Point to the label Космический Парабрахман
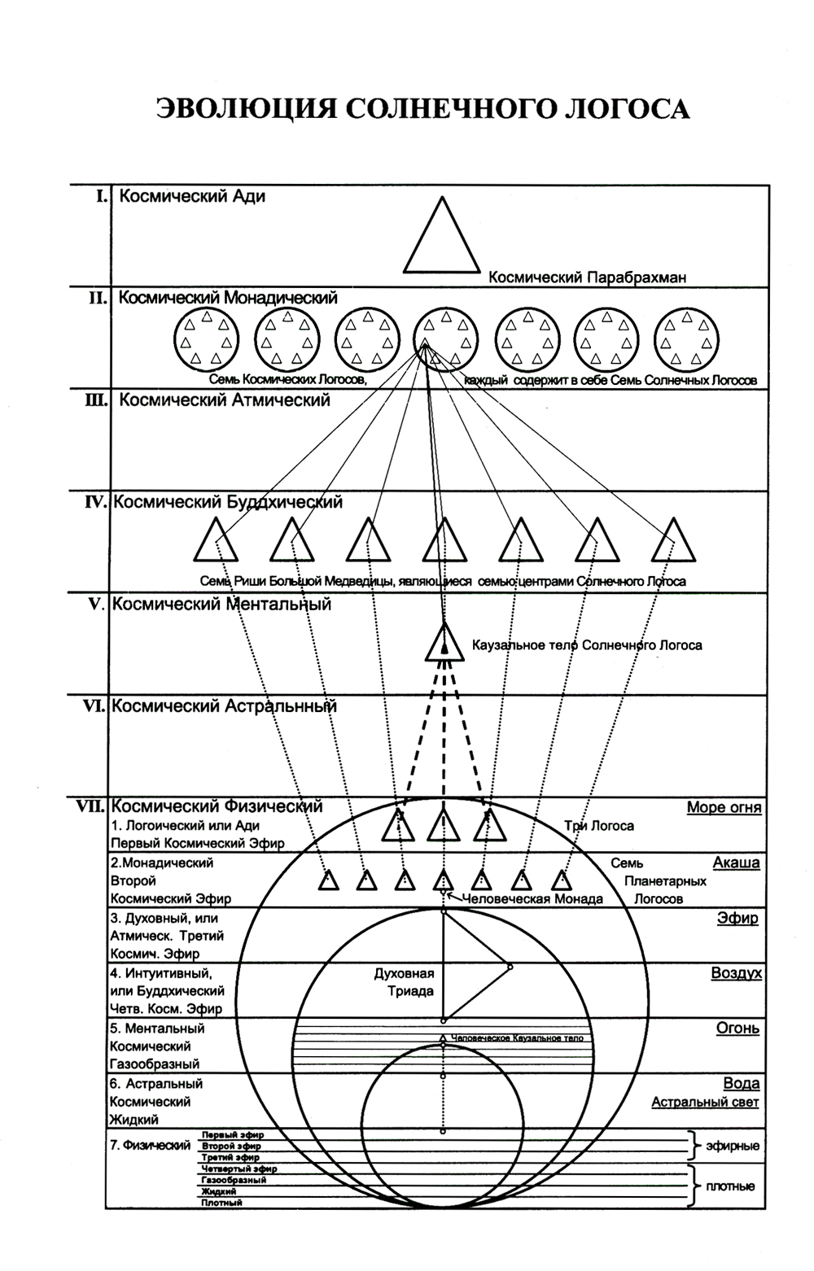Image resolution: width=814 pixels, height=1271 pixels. click(587, 277)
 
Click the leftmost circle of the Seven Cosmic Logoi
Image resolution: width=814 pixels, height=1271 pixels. click(205, 339)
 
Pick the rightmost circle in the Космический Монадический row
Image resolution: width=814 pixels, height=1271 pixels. click(687, 339)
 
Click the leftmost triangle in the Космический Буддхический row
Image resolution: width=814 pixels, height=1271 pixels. click(216, 540)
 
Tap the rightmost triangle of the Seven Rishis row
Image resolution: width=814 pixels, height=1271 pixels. click(674, 540)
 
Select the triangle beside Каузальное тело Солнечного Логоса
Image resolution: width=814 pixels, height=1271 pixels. click(444, 642)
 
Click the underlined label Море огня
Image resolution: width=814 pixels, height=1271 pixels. click(724, 807)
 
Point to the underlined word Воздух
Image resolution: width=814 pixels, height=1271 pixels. click(736, 973)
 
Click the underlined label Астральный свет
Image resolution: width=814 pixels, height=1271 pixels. click(705, 1102)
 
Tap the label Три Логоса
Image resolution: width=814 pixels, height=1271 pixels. click(599, 826)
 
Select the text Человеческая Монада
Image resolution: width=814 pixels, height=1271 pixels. click(532, 899)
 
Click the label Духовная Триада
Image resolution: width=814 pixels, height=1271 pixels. click(404, 982)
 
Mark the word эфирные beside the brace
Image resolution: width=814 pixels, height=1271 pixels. click(733, 1146)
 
